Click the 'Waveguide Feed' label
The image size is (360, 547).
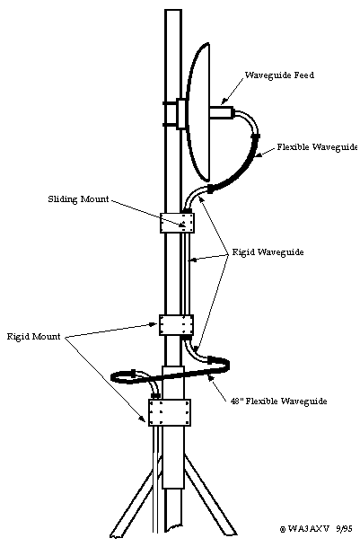(279, 75)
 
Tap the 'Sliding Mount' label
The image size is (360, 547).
(78, 199)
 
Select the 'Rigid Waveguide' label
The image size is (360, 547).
(268, 251)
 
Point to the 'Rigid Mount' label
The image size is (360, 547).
(34, 337)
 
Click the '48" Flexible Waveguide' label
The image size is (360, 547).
(278, 401)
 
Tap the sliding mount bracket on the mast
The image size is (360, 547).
(177, 223)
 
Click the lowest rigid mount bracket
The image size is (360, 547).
(170, 412)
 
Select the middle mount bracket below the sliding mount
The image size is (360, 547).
(177, 325)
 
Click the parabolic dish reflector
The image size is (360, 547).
(198, 111)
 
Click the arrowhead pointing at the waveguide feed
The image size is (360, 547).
(224, 101)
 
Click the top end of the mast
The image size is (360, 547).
(173, 10)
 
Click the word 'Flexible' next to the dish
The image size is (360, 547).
(293, 147)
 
